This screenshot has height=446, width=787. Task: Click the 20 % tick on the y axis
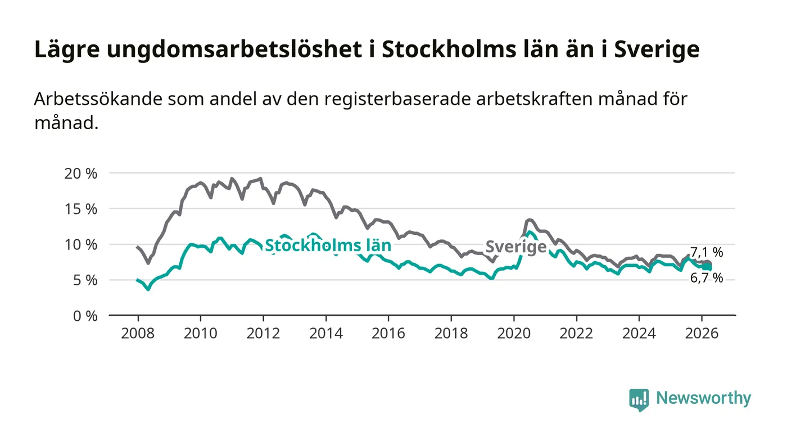[82, 173]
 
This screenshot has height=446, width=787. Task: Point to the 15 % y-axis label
[82, 209]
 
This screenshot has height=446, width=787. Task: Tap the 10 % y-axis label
[82, 244]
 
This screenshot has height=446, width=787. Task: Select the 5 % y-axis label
[85, 280]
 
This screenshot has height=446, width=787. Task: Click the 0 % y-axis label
[85, 316]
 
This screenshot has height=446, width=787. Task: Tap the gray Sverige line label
[515, 247]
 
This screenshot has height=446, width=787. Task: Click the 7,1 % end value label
[707, 252]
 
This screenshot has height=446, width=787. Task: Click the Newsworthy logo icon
[639, 399]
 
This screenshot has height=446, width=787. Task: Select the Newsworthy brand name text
[703, 398]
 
